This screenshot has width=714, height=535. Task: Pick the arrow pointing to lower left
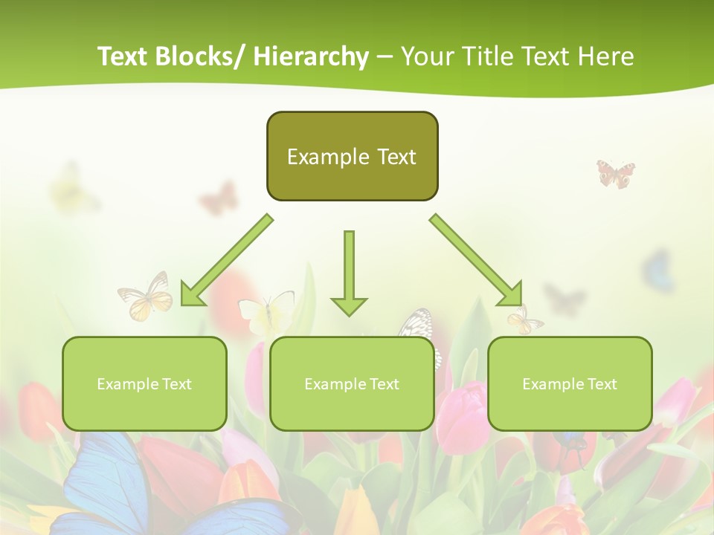[x=227, y=261]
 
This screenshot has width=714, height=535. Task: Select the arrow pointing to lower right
[x=477, y=261]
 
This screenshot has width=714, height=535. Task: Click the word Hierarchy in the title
[x=311, y=56]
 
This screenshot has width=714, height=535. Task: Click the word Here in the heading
[x=606, y=56]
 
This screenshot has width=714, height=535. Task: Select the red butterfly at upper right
[x=616, y=173]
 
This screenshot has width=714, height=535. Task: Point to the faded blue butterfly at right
[x=659, y=270]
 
